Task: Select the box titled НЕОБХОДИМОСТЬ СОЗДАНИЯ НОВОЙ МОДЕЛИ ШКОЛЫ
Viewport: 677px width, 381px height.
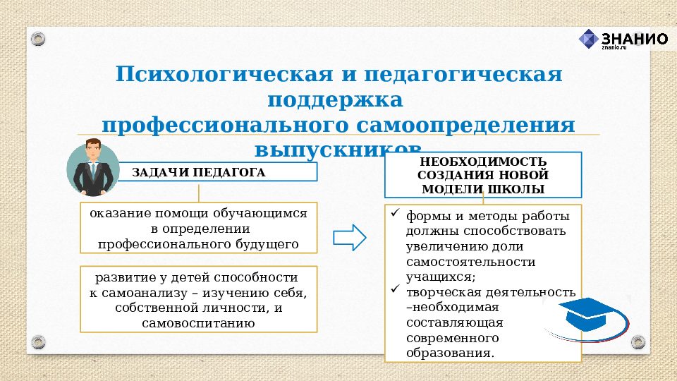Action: pos(482,175)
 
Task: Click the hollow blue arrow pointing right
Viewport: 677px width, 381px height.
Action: pos(349,237)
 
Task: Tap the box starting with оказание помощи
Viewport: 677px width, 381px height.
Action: pos(198,228)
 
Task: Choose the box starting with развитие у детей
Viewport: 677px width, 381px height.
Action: pos(198,298)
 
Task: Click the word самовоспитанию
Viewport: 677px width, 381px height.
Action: pos(197,324)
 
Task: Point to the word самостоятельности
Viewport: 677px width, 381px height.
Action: pos(470,262)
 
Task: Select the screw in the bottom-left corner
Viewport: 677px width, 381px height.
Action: pos(38,342)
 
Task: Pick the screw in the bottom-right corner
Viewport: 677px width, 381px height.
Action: pos(639,342)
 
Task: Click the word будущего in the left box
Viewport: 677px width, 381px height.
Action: pos(264,244)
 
